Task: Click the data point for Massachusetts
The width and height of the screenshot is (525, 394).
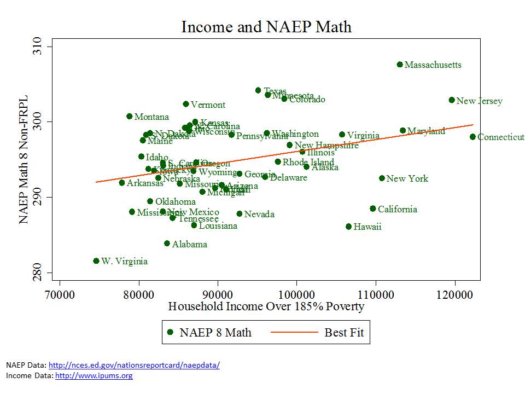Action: [400, 65]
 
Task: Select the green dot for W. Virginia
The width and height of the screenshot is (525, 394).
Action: [96, 261]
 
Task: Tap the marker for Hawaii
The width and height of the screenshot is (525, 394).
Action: [348, 227]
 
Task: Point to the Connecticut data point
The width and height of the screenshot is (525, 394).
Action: [472, 137]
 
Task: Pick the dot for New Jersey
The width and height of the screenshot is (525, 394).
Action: [452, 100]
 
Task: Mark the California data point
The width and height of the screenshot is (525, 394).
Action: [373, 208]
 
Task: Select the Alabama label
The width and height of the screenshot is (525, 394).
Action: [190, 244]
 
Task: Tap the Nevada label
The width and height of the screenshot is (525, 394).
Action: [259, 214]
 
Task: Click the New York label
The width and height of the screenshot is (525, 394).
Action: [407, 178]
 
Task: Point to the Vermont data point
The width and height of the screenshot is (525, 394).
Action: [186, 104]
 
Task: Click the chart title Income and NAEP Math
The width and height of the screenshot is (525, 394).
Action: [266, 27]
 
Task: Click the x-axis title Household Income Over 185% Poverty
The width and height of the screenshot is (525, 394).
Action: [266, 306]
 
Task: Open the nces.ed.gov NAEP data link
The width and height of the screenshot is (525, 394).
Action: [134, 365]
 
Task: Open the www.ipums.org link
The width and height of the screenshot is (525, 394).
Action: [94, 375]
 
